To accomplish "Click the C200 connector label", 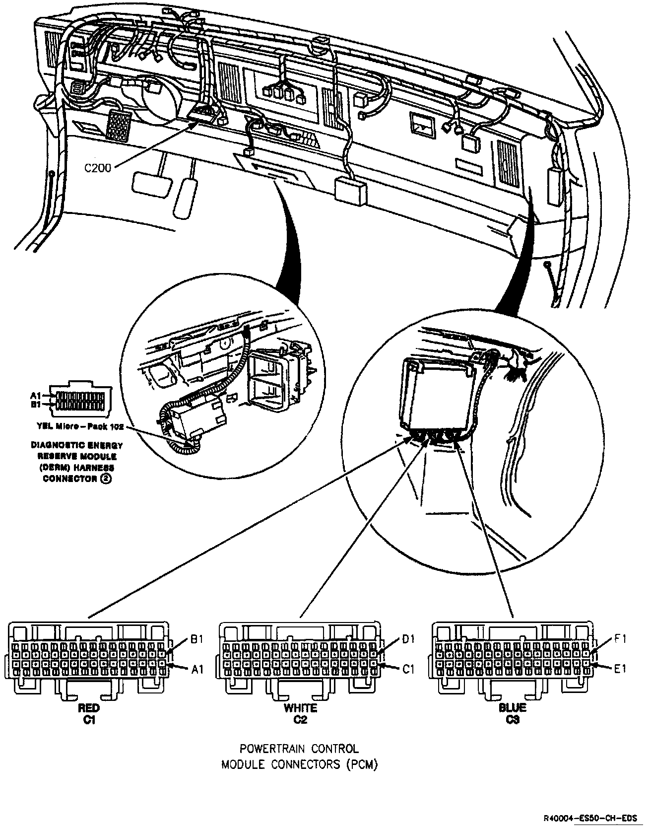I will click(98, 168).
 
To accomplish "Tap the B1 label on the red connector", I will click(197, 639).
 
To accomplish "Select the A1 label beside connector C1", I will click(197, 670).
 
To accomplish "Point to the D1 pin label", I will click(408, 639).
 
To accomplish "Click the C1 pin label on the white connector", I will click(408, 670).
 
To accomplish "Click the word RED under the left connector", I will click(89, 708).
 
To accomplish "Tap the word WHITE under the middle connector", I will click(300, 708).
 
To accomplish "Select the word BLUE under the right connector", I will click(513, 708).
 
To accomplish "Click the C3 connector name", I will click(513, 720).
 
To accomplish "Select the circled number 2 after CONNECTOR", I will click(105, 479).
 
